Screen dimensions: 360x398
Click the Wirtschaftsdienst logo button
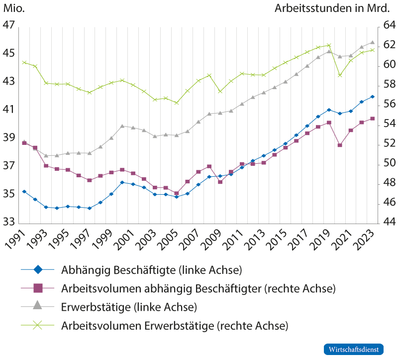tap(354, 349)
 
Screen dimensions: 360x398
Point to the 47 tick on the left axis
tap(9, 25)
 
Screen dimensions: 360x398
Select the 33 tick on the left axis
tap(9, 223)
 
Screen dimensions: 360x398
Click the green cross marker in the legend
tap(38, 326)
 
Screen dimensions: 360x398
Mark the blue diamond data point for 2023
tap(372, 97)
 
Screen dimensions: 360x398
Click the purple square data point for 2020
tap(340, 145)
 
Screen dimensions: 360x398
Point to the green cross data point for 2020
tap(340, 75)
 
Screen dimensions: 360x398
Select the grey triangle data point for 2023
tap(372, 42)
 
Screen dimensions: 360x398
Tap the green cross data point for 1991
tap(24, 63)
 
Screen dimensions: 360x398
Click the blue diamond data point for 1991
tap(24, 192)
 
